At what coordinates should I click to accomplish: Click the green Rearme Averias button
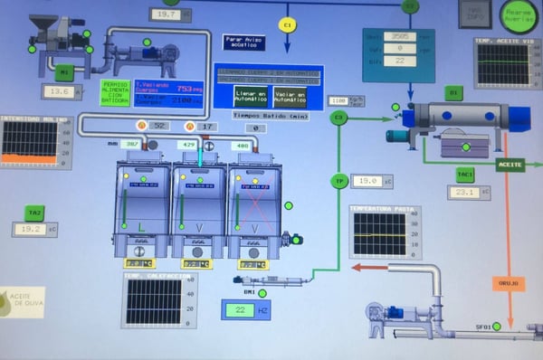519,14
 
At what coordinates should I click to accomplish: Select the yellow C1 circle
288,24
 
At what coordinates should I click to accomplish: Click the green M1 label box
63,72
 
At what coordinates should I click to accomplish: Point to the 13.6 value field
61,91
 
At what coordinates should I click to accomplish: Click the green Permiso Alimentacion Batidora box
115,92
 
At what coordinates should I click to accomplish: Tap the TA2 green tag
34,213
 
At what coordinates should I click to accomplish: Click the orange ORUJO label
508,283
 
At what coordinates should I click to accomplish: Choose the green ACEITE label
510,165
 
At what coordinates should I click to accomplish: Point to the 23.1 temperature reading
468,192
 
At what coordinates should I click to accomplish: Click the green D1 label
453,93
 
